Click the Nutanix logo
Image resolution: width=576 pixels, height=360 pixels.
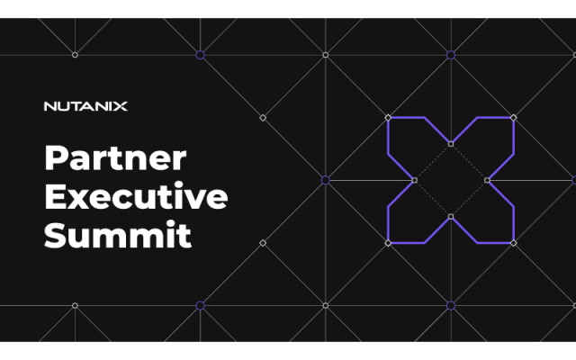[x=85, y=106]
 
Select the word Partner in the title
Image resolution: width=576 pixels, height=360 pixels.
[x=115, y=158]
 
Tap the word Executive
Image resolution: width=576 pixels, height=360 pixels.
[x=136, y=196]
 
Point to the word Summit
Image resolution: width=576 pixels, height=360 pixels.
[x=118, y=235]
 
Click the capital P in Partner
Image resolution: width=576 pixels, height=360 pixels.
[x=56, y=158]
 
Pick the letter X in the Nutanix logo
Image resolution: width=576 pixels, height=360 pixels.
[x=120, y=106]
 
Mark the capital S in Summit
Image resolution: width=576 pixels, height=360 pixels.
[x=55, y=235]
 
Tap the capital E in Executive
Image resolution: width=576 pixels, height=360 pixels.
[x=55, y=196]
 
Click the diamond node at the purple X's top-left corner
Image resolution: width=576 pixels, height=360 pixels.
[x=388, y=118]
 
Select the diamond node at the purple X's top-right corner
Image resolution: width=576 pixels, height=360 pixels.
[x=514, y=118]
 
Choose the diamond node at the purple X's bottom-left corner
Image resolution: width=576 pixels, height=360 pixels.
[x=388, y=243]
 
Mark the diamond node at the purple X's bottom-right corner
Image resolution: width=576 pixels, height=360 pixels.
[x=514, y=243]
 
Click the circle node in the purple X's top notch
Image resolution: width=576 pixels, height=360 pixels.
[x=451, y=144]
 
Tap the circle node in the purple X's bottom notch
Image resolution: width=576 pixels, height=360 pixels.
[x=451, y=217]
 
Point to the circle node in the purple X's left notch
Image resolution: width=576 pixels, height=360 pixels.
[x=414, y=180]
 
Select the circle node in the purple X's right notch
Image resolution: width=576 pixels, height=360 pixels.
[x=487, y=180]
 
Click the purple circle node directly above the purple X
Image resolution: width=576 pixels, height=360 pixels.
[x=451, y=55]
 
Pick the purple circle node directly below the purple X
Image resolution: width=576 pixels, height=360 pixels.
[x=451, y=306]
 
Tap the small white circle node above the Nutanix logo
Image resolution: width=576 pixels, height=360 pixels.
[x=75, y=55]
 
